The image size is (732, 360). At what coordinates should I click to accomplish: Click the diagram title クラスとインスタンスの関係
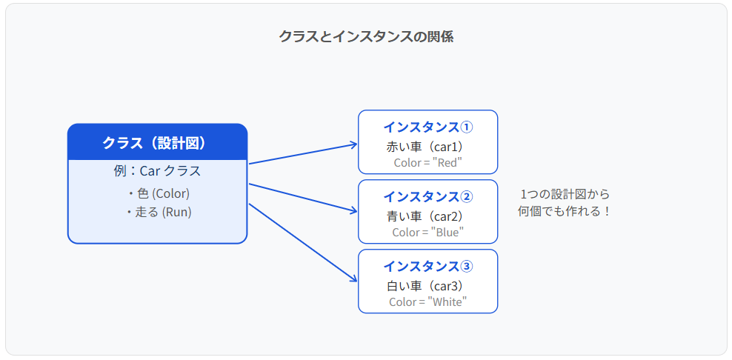[x=366, y=36]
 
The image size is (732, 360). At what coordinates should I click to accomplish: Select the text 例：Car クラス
[x=157, y=171]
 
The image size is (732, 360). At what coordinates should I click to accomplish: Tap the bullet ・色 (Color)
[x=157, y=193]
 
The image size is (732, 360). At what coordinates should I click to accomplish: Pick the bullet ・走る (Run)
[x=157, y=213]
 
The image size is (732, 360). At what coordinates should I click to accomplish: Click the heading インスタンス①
[x=428, y=127]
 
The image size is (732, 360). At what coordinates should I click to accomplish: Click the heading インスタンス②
[x=428, y=197]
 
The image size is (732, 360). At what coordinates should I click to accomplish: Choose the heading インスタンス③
[x=428, y=267]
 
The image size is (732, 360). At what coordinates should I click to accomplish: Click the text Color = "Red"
[x=428, y=163]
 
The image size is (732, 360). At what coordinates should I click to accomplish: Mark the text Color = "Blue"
[x=428, y=233]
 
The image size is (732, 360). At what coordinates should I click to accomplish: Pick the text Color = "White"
[x=428, y=301]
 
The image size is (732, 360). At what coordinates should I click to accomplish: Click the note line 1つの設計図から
[x=565, y=194]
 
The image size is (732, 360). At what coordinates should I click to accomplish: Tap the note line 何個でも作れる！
[x=565, y=212]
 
